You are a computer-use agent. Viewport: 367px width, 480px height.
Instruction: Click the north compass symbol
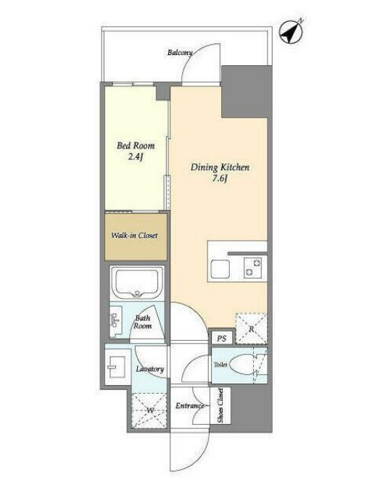tap(292, 31)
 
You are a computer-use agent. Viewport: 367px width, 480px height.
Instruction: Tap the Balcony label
tap(180, 52)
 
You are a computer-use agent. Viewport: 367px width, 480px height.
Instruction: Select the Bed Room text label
tap(136, 146)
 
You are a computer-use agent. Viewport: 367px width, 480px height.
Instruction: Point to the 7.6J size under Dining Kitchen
tap(220, 179)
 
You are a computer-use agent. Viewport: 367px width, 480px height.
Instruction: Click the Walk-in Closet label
tap(135, 235)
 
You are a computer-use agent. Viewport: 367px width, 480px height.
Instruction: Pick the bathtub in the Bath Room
tap(137, 282)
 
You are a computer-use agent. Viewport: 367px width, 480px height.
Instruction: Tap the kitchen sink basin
tap(220, 269)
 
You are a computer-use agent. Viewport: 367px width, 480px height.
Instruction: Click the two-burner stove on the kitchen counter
tap(253, 268)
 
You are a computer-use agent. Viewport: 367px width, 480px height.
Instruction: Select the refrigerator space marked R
tap(251, 328)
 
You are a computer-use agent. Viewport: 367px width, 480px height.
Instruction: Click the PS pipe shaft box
tap(222, 339)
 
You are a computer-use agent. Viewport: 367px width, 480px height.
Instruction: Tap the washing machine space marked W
tap(149, 410)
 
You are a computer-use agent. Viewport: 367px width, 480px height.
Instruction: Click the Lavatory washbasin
tap(115, 367)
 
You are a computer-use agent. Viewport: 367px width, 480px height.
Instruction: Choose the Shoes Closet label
tap(220, 406)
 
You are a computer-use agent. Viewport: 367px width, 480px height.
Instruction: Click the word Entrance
tap(189, 405)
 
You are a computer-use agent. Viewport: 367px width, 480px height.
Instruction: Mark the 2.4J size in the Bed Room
tap(136, 157)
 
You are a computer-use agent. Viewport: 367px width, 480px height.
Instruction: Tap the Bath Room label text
tap(143, 322)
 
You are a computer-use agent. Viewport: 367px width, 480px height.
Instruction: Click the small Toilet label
tap(220, 365)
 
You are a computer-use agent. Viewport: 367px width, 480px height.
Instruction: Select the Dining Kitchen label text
tap(220, 167)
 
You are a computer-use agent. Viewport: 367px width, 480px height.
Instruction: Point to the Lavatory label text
tap(150, 369)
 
